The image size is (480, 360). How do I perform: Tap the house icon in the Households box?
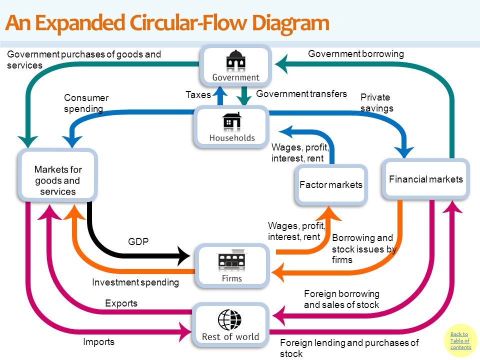[231, 120]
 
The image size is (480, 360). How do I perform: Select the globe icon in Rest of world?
[229, 320]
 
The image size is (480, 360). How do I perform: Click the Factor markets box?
[331, 185]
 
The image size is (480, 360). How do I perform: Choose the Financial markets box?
[426, 179]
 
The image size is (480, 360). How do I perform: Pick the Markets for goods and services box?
[58, 175]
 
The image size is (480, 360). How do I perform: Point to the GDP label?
[138, 241]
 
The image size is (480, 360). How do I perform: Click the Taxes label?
[198, 94]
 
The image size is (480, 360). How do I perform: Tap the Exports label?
[121, 303]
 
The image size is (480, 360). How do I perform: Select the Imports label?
[98, 342]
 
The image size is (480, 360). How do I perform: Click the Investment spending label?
[135, 282]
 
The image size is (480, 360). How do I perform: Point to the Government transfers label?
[301, 93]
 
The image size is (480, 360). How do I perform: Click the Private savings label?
[376, 103]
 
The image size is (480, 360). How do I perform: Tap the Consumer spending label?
[86, 103]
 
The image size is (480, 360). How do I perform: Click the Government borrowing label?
[355, 54]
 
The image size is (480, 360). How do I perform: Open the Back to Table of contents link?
[460, 340]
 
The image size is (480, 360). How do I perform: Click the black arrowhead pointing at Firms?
[183, 255]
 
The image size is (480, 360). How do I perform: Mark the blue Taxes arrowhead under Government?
[220, 91]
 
